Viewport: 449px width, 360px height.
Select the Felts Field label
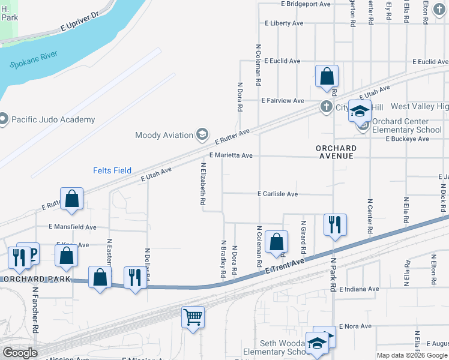pyautogui.click(x=112, y=170)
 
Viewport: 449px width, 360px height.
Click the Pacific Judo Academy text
pyautogui.click(x=53, y=119)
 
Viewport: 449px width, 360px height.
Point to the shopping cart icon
pyautogui.click(x=193, y=316)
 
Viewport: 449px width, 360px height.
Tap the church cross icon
pyautogui.click(x=326, y=107)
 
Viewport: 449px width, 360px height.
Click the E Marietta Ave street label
pyautogui.click(x=231, y=155)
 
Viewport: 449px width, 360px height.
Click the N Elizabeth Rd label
pyautogui.click(x=203, y=184)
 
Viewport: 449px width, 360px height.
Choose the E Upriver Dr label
pyautogui.click(x=79, y=23)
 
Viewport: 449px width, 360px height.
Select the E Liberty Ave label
pyautogui.click(x=284, y=23)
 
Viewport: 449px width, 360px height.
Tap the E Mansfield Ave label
pyautogui.click(x=72, y=227)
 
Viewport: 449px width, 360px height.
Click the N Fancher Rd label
pyautogui.click(x=36, y=310)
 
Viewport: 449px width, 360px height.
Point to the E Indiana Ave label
pyautogui.click(x=359, y=289)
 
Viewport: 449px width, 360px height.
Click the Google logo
pyautogui.click(x=20, y=353)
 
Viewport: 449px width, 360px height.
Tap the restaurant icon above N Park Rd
pyautogui.click(x=334, y=225)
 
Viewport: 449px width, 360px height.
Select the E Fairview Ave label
pyautogui.click(x=282, y=101)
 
